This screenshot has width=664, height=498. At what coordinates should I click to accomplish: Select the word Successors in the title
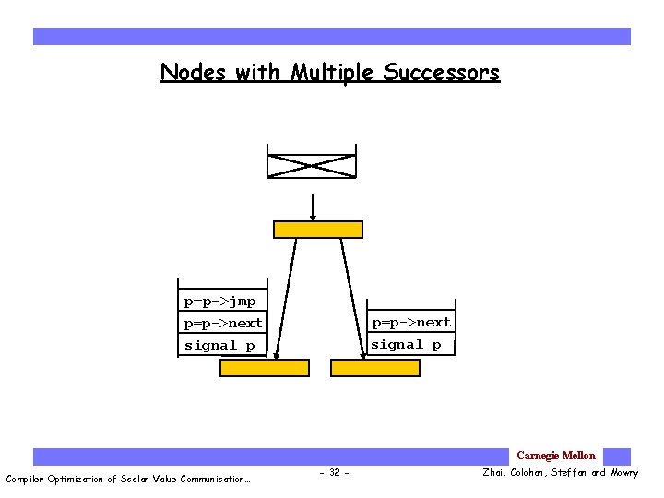442,72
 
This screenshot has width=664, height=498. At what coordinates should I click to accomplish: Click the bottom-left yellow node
264,367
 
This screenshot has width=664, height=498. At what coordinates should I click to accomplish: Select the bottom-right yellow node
374,367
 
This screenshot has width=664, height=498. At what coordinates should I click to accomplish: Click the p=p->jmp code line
219,302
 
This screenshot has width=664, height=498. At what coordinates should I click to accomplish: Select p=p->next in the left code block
223,323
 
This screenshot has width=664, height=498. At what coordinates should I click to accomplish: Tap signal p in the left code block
219,345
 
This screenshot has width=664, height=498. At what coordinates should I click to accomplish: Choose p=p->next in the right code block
410,322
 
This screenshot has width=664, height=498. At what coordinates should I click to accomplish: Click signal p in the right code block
406,344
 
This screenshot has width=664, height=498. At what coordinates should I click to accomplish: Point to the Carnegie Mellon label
555,456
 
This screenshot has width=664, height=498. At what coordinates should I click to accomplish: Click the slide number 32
333,473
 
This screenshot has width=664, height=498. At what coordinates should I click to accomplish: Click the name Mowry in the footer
623,473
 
